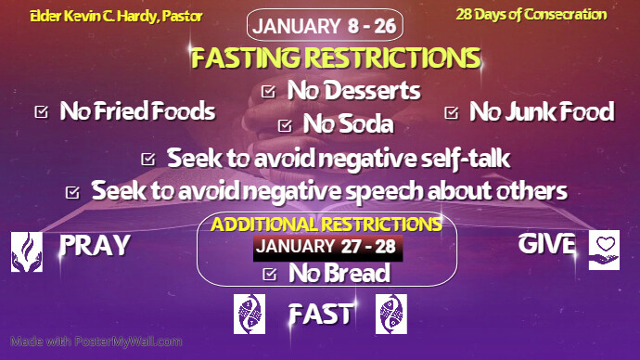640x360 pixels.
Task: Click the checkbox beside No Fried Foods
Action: coord(41,112)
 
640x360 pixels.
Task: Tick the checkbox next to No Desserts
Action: coord(269,91)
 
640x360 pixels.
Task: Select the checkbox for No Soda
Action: coord(284,123)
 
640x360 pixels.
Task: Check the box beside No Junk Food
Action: coord(452,112)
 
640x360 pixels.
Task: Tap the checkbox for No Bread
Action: coord(270,274)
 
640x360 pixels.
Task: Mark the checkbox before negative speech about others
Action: coord(73,192)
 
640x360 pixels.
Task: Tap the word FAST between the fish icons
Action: coord(320,314)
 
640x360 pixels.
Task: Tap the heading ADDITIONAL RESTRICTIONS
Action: coord(326,225)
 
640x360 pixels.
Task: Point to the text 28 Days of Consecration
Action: coord(531,14)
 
